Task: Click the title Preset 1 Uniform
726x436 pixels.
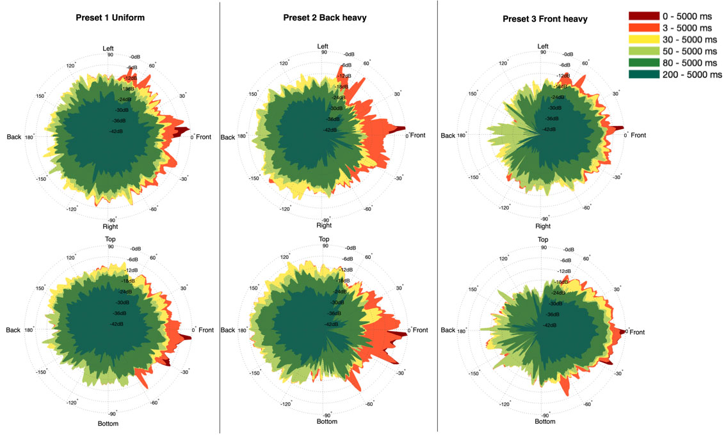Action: click(111, 18)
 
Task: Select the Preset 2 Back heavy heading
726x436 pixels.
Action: click(325, 18)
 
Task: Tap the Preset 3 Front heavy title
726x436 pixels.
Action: click(545, 19)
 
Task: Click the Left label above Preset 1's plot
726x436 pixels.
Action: click(109, 49)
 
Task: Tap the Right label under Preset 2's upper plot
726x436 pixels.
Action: click(324, 225)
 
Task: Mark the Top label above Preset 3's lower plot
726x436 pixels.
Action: click(543, 239)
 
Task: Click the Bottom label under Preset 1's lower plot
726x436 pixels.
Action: click(109, 423)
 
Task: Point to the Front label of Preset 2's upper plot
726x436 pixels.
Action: click(417, 135)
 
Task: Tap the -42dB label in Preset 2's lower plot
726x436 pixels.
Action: click(330, 324)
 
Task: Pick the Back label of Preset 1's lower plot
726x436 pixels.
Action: click(14, 330)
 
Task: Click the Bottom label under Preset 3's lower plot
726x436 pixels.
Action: click(545, 421)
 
